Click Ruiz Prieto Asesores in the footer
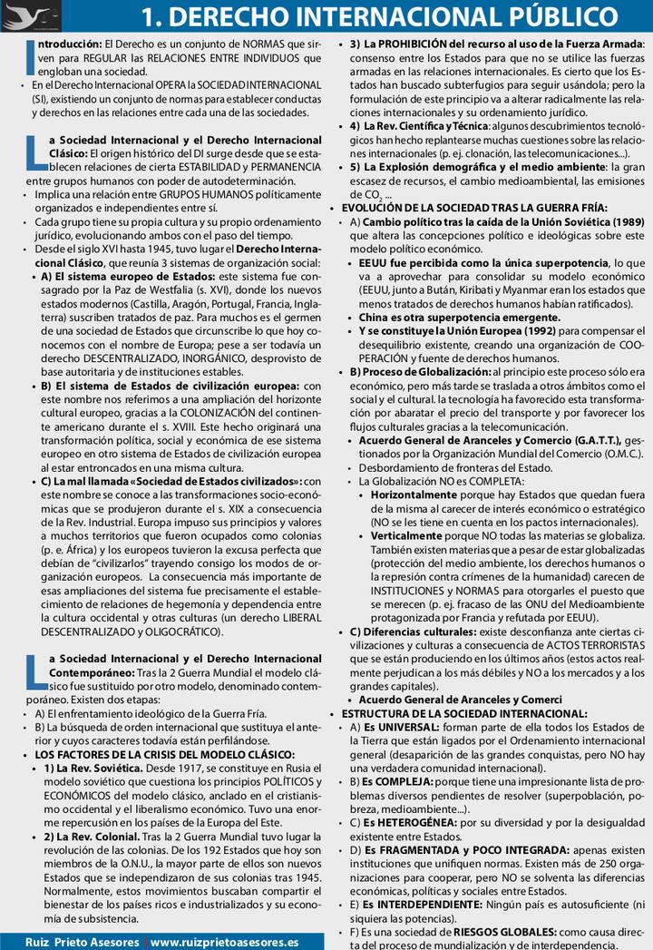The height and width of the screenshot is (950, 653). pyautogui.click(x=83, y=942)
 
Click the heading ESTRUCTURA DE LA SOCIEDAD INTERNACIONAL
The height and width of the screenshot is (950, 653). pyautogui.click(x=464, y=714)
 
